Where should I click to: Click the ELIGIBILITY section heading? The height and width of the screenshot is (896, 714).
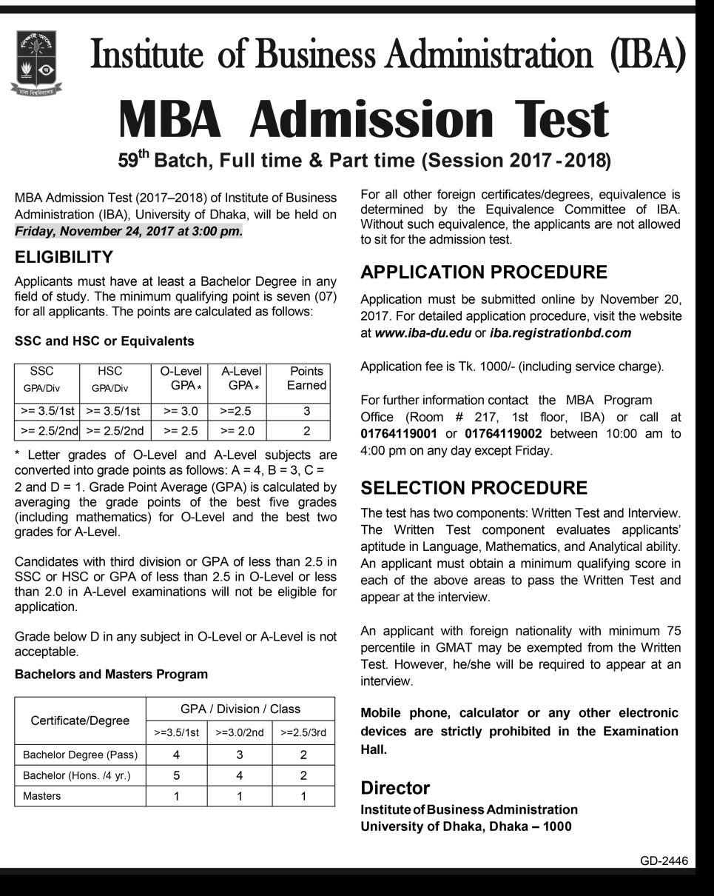64,258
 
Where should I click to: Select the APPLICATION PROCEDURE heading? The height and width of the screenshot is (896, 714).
484,273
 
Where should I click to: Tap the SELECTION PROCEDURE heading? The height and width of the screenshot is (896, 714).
474,488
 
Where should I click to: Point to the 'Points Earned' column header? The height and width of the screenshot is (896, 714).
306,378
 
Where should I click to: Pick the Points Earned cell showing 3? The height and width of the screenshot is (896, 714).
306,411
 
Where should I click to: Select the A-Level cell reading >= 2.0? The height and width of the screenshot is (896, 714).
237,430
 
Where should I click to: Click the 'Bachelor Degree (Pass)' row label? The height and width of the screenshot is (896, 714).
81,756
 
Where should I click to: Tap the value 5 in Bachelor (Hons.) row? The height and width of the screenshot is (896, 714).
177,776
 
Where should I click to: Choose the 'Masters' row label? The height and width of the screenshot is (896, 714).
42,796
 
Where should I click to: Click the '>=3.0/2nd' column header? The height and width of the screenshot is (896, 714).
240,733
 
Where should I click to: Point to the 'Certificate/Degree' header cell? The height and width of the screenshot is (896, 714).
80,721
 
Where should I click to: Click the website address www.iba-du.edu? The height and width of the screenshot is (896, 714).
423,333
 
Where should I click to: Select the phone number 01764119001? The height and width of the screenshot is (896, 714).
399,434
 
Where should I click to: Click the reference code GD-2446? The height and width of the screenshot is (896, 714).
664,860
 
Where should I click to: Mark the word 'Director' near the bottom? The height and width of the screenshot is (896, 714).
395,788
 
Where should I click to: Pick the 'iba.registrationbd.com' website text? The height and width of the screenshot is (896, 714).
560,333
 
